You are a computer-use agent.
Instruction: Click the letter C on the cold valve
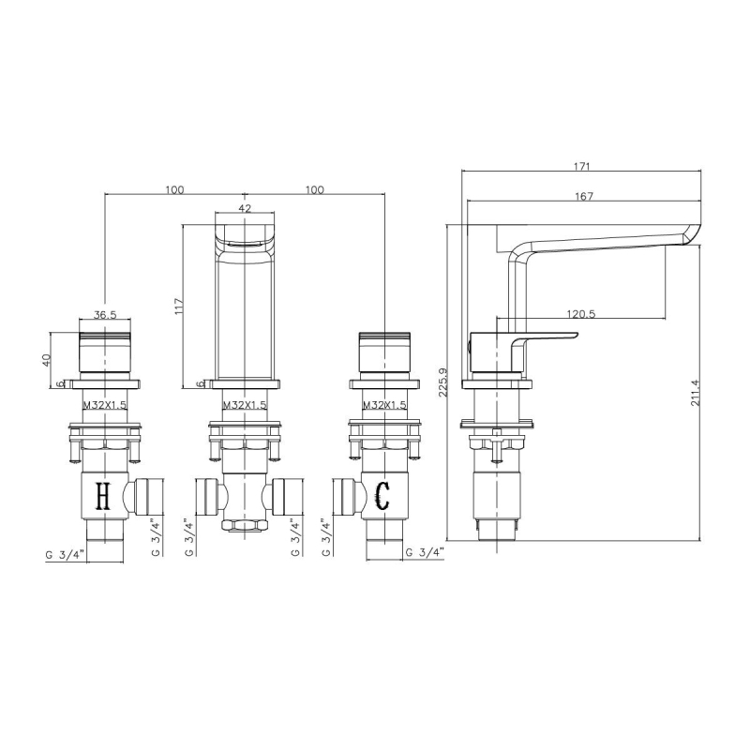(382, 496)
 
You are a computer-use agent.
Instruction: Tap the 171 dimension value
(582, 167)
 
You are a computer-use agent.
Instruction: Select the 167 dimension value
(584, 196)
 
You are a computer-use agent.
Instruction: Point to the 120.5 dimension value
(580, 314)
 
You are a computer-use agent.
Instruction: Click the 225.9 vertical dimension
(442, 382)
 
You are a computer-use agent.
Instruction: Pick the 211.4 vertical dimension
(695, 393)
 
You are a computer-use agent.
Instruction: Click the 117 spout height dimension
(179, 307)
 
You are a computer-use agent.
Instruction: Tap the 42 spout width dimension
(245, 208)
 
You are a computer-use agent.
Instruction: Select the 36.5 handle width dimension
(105, 314)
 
